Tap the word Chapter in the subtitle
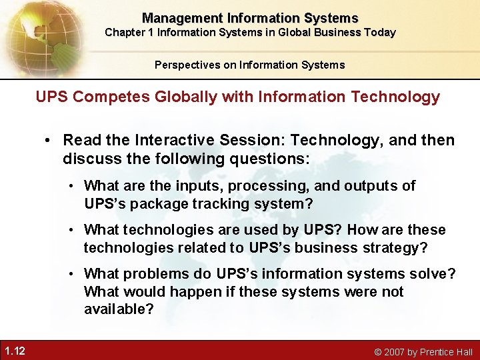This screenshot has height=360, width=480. pyautogui.click(x=125, y=33)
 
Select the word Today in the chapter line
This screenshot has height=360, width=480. pyautogui.click(x=380, y=33)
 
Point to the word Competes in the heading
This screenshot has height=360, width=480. pyautogui.click(x=103, y=97)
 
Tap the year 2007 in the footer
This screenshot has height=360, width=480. pyautogui.click(x=395, y=352)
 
